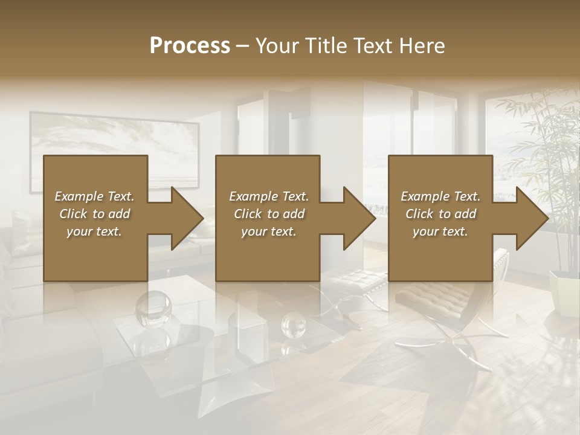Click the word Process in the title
190,46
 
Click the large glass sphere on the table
153,307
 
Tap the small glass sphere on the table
294,327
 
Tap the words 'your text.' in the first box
94,231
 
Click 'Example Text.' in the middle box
268,196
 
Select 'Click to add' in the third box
440,214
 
